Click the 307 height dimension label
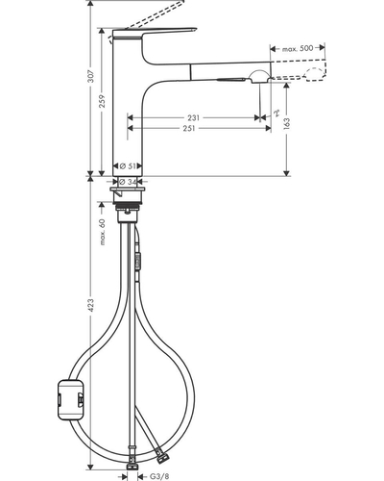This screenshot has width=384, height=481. (91, 76)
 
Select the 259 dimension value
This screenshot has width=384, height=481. (102, 101)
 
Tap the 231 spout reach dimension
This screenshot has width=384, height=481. (193, 117)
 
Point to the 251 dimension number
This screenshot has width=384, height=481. (188, 128)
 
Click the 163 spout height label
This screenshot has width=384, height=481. (286, 124)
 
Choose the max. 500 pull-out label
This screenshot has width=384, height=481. (298, 49)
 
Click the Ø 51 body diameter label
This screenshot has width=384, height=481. (128, 166)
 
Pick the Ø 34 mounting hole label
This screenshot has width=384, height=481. (128, 182)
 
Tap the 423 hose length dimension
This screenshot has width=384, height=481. (91, 305)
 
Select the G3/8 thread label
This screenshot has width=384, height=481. (159, 476)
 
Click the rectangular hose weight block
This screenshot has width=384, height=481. (71, 399)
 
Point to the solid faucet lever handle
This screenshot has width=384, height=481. (154, 33)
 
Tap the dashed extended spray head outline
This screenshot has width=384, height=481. (300, 70)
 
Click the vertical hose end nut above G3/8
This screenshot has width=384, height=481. (132, 466)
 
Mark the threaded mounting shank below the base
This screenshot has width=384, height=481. (128, 206)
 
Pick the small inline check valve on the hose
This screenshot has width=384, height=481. (137, 259)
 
